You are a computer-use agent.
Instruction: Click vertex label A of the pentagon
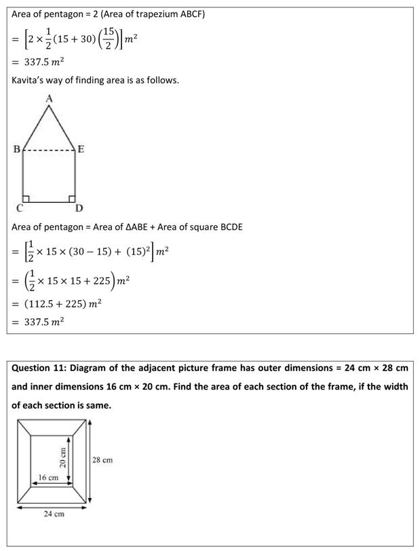coord(49,98)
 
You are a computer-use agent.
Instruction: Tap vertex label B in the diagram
coord(16,150)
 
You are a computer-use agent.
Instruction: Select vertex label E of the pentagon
coord(81,150)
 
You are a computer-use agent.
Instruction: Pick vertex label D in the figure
coord(79,208)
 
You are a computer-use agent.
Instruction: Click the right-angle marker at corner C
coord(26,199)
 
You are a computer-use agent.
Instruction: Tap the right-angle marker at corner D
coord(71,199)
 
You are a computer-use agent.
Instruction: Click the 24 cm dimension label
coord(54,514)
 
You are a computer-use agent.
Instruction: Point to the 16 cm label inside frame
coord(47,478)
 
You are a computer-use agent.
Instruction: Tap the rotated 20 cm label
coord(62,457)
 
